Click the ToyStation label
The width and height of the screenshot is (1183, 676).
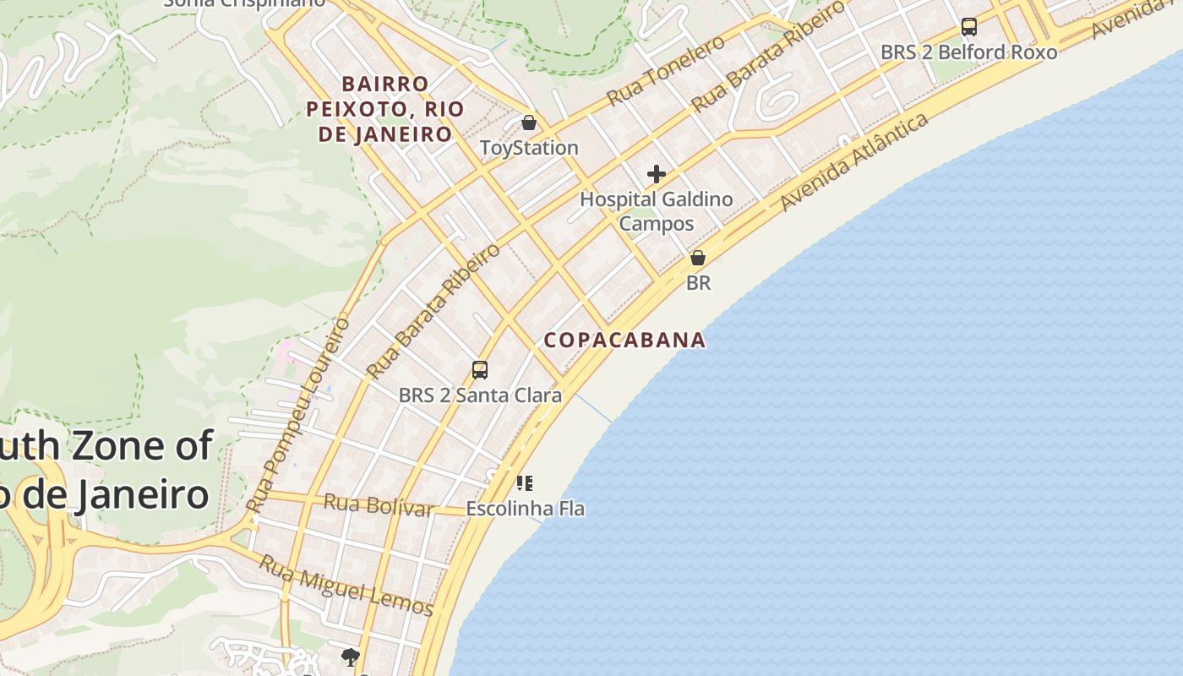pyautogui.click(x=529, y=148)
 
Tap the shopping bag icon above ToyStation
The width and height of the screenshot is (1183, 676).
pyautogui.click(x=529, y=123)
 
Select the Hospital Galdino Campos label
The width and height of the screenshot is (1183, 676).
pyautogui.click(x=656, y=211)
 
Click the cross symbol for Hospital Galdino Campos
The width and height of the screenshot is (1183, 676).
pyautogui.click(x=657, y=175)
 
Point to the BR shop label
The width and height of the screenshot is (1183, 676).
pyautogui.click(x=698, y=283)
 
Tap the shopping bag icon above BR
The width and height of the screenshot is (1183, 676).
pyautogui.click(x=698, y=258)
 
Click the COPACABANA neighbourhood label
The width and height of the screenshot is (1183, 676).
pyautogui.click(x=624, y=340)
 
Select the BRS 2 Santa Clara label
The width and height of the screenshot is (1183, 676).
pyautogui.click(x=480, y=395)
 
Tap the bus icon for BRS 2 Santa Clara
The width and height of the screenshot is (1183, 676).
pyautogui.click(x=480, y=370)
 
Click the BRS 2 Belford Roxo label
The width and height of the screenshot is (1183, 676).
pyautogui.click(x=968, y=52)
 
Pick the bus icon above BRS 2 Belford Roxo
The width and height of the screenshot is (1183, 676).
pyautogui.click(x=969, y=27)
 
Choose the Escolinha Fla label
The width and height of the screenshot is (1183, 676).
pyautogui.click(x=525, y=509)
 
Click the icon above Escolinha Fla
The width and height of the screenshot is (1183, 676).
pyautogui.click(x=525, y=483)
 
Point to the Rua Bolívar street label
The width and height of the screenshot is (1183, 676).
pyautogui.click(x=379, y=505)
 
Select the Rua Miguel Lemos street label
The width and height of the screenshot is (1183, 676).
pyautogui.click(x=346, y=586)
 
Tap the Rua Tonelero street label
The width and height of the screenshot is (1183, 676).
pyautogui.click(x=666, y=70)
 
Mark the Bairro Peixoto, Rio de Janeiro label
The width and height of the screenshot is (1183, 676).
pyautogui.click(x=384, y=109)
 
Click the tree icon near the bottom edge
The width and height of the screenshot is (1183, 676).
pyautogui.click(x=350, y=657)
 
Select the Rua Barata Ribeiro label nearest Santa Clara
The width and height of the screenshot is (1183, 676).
pyautogui.click(x=433, y=311)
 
